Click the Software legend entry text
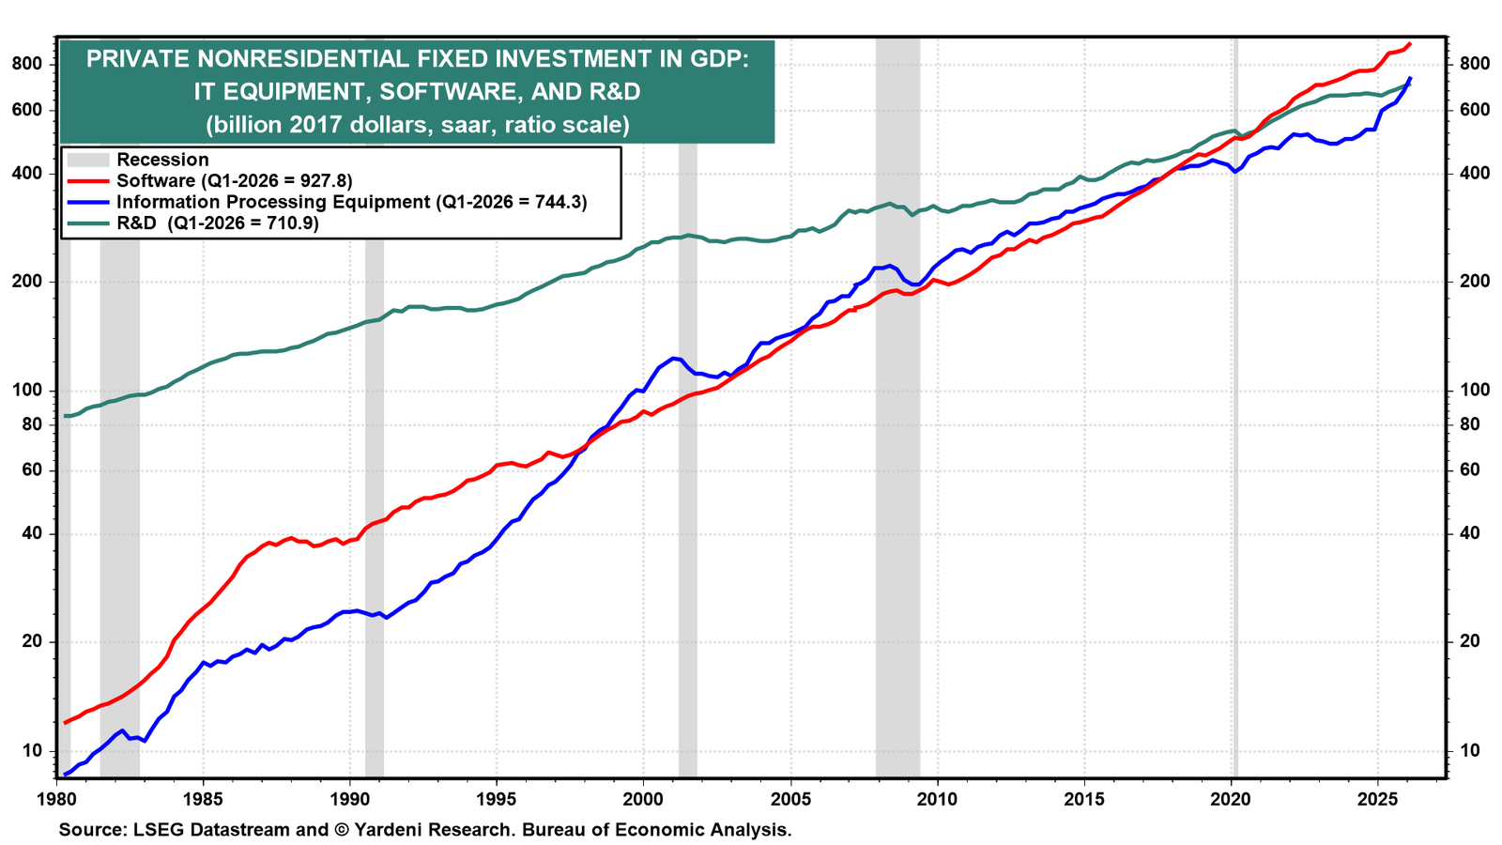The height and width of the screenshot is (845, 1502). [234, 180]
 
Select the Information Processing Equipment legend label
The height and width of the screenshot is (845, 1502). [351, 202]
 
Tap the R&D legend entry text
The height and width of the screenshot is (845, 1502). [217, 223]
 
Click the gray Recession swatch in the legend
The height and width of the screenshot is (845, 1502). [88, 160]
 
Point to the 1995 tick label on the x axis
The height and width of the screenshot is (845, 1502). [497, 799]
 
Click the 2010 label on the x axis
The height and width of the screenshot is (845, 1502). [937, 799]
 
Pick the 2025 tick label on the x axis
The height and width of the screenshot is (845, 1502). [1377, 799]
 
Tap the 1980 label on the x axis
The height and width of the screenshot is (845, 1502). [55, 799]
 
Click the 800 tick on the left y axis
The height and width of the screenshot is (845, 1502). [27, 64]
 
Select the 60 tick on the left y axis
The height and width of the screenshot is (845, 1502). [32, 469]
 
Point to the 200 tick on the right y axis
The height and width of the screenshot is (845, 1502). [1475, 281]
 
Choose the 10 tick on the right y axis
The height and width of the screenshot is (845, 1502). [1470, 750]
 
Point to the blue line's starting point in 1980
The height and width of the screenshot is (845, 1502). [65, 775]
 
